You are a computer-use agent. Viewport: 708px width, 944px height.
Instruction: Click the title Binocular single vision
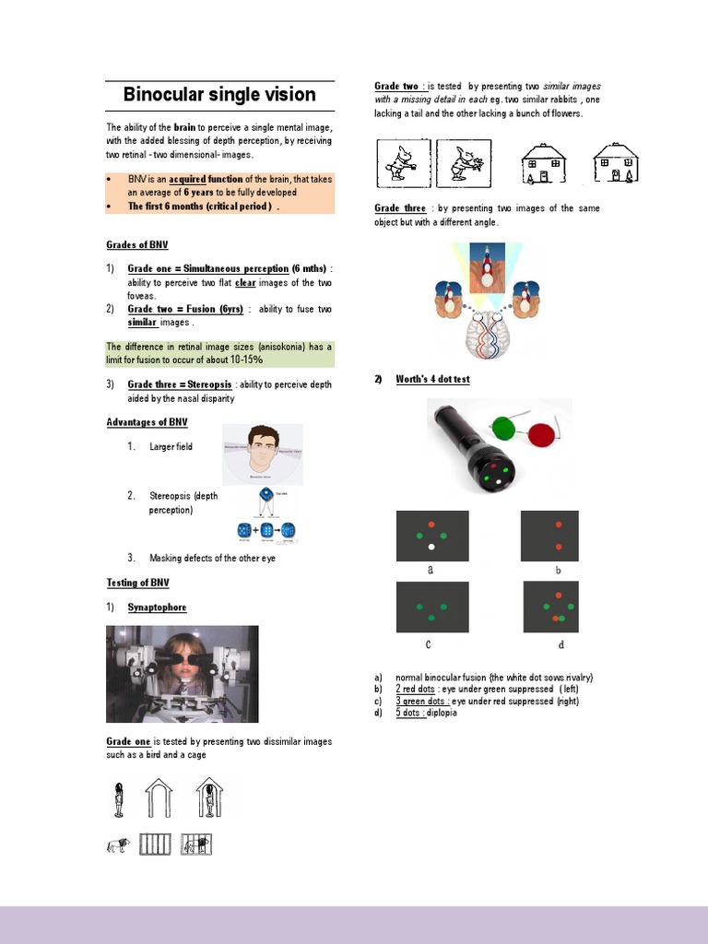click(219, 95)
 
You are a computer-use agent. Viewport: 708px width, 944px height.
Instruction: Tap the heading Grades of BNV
click(137, 245)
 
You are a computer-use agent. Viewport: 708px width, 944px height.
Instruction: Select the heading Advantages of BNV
click(147, 422)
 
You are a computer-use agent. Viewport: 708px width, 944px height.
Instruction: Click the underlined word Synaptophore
click(157, 608)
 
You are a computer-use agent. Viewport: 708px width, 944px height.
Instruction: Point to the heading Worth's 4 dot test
click(432, 380)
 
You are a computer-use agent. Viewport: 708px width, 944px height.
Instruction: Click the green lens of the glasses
click(502, 427)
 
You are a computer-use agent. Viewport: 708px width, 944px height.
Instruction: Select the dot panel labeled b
click(549, 536)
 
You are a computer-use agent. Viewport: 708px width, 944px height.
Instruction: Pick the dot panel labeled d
click(550, 607)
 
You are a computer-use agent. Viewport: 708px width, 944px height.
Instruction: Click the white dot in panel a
click(431, 547)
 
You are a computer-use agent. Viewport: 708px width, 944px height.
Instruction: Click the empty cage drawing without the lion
click(156, 844)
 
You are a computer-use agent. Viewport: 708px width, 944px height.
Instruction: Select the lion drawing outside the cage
click(117, 844)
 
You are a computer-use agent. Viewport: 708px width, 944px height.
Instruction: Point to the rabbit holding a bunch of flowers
click(463, 163)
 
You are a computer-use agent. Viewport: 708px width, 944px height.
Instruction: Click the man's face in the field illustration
click(263, 450)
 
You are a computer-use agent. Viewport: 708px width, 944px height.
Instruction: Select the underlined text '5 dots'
click(410, 713)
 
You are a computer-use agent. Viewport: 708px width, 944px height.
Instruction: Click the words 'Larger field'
click(171, 447)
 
